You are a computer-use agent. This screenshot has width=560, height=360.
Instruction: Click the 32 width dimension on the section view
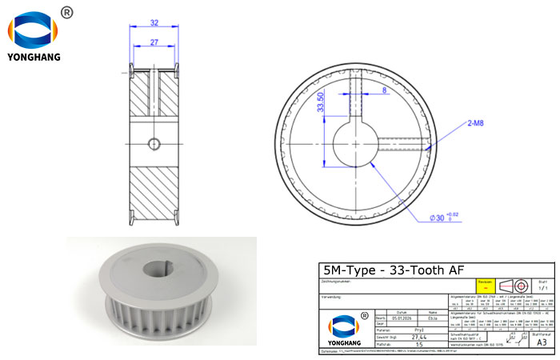pyautogui.click(x=154, y=23)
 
